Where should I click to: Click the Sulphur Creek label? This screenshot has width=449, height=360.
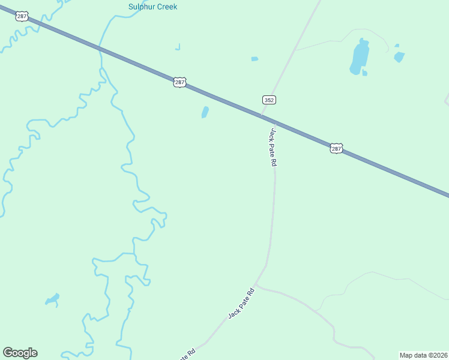click(x=152, y=7)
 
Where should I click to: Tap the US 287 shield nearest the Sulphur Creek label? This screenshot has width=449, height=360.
click(x=22, y=17)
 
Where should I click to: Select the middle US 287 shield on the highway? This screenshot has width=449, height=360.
click(x=179, y=82)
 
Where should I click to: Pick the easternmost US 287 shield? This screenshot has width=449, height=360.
click(x=336, y=148)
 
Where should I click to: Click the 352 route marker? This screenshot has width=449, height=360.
click(x=269, y=100)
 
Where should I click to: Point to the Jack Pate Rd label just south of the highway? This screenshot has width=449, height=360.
click(x=273, y=147)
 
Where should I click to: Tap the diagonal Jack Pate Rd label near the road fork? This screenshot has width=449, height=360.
click(x=242, y=303)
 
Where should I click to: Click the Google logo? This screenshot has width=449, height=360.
click(x=20, y=353)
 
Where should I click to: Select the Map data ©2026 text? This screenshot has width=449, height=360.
click(x=423, y=355)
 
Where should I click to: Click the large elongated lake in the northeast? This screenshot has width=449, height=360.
click(x=359, y=58)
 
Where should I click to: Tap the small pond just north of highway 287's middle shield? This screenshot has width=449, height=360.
click(x=205, y=112)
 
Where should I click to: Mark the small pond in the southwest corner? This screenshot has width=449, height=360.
click(x=52, y=298)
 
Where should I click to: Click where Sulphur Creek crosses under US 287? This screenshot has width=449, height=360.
click(x=100, y=49)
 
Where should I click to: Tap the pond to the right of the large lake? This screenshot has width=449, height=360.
click(x=399, y=57)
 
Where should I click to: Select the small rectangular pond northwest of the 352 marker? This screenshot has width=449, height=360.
click(x=255, y=59)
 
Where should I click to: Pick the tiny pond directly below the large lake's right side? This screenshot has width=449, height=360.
click(x=364, y=73)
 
